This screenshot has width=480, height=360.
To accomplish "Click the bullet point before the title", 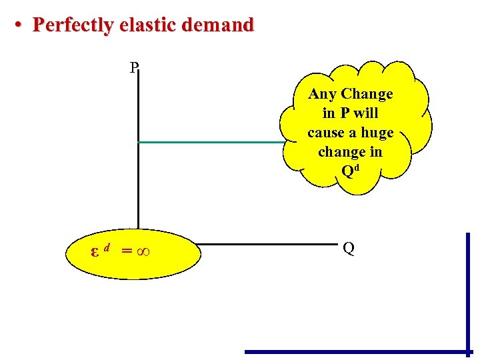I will (x=20, y=25).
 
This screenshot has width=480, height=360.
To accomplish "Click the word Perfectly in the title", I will (x=73, y=25).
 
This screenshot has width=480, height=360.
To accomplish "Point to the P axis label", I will (x=134, y=67).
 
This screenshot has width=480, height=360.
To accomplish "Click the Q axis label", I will (x=348, y=249).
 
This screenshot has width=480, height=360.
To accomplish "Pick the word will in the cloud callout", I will (x=366, y=113).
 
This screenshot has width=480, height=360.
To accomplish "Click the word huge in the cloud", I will (x=377, y=133).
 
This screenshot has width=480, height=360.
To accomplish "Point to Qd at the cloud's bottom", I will (x=350, y=171).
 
